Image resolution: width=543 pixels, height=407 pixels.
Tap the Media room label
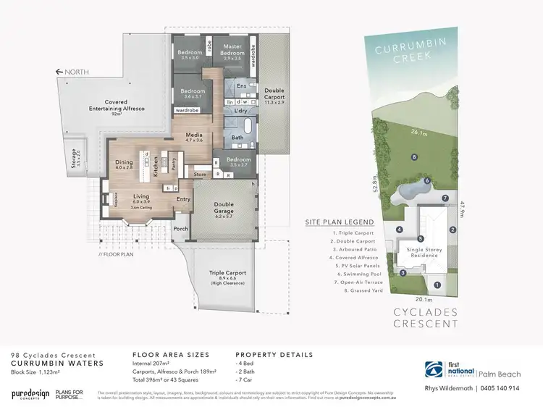tap(193, 135)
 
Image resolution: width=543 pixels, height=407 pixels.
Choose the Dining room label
tap(125, 164)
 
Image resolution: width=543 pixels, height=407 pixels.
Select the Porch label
tap(180, 227)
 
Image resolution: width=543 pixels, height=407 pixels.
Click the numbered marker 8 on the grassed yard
tap(413, 157)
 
